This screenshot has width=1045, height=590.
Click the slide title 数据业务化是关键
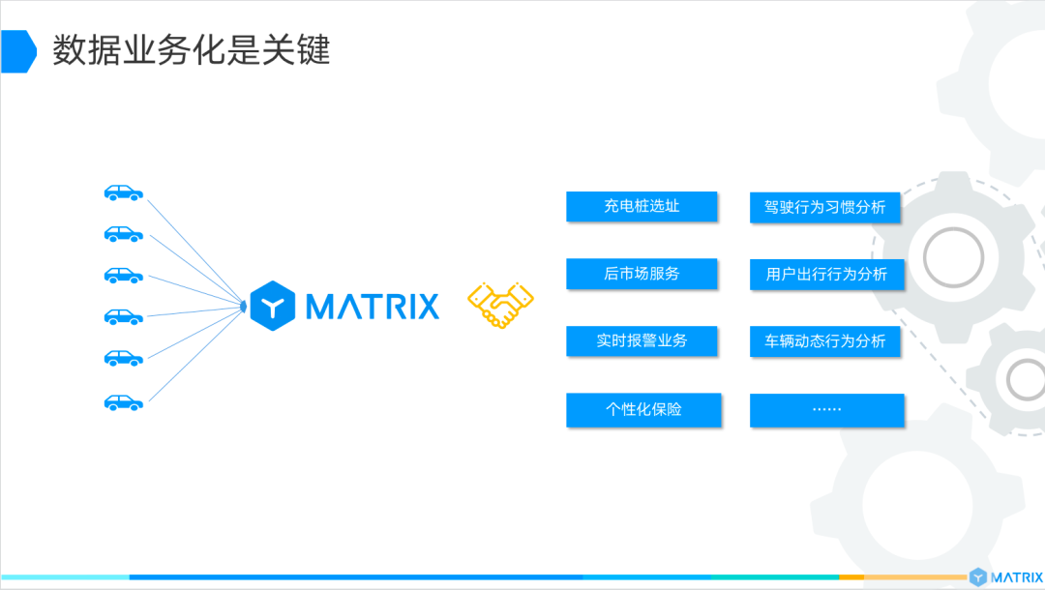(191, 50)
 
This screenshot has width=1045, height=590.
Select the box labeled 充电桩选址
(642, 206)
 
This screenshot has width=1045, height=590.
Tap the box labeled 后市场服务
(642, 274)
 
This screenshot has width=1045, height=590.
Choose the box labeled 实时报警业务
(642, 341)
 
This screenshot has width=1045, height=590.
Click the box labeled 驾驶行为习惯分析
(825, 207)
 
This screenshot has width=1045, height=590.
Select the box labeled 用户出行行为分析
(825, 274)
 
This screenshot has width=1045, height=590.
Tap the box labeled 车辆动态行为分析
(825, 341)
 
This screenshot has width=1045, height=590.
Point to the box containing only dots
(825, 409)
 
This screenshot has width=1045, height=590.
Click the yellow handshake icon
(501, 306)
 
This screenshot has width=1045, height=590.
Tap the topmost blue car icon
(124, 193)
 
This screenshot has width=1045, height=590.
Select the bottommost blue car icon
(124, 401)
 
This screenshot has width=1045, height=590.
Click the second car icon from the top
(124, 234)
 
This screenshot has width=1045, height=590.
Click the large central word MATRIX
(373, 307)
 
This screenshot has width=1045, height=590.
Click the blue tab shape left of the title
(17, 51)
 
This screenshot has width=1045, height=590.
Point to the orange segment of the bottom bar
(851, 576)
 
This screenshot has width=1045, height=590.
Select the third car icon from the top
(124, 276)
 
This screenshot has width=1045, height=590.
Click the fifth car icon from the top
(124, 359)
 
